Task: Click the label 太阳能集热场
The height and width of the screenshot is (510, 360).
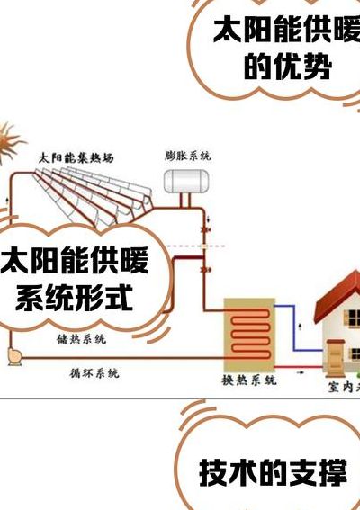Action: coord(76,158)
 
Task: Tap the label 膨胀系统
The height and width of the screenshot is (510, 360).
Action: coord(187,156)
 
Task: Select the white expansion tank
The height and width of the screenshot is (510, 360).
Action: coord(186,182)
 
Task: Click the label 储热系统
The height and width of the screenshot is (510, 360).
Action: coord(81,339)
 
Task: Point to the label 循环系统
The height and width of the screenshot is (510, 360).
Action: coord(94,373)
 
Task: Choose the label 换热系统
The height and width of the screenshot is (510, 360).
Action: coord(249,380)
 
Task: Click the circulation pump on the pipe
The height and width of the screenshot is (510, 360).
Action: coord(14,357)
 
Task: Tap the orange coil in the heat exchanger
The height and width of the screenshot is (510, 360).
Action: coord(250,333)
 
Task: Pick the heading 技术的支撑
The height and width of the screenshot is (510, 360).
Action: coord(273,472)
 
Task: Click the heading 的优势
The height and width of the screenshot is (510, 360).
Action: coord(288,67)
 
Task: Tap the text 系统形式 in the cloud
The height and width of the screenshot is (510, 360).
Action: coord(74,298)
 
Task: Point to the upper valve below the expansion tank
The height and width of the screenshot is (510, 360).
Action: coord(204,230)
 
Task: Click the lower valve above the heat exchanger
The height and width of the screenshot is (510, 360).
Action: coord(205,269)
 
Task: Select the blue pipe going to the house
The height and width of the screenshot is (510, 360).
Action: coord(294,328)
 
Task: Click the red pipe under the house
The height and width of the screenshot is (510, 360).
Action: coord(299,367)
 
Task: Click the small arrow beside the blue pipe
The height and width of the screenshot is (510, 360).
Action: coord(300,327)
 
